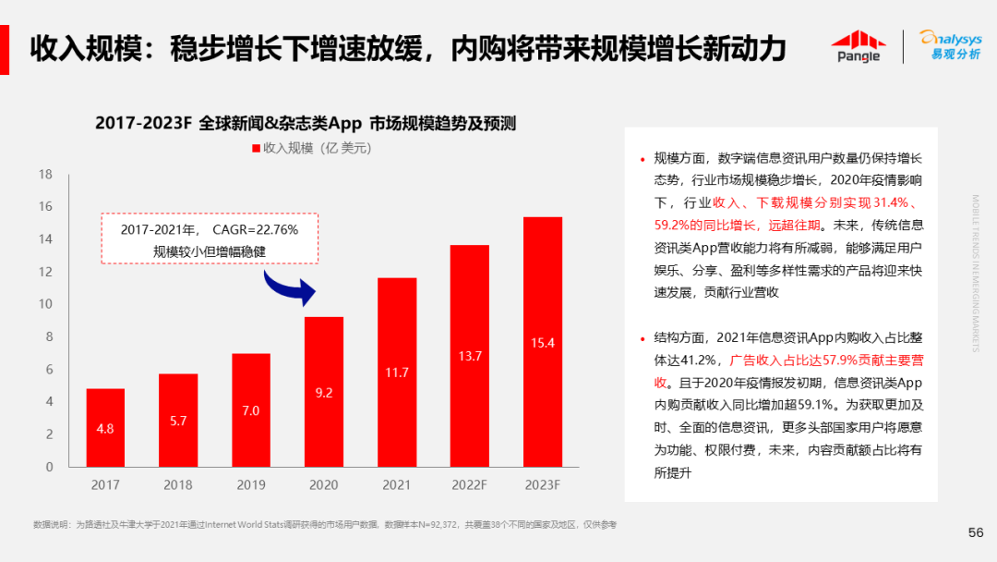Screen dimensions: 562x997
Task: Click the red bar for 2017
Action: [x=105, y=427]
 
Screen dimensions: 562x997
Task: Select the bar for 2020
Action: [x=324, y=391]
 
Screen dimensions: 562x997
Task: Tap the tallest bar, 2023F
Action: [x=543, y=341]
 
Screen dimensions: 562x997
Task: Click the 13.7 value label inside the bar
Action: [x=470, y=356]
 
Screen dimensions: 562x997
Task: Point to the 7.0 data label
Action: [x=251, y=410]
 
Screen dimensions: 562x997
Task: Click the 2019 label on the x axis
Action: [x=251, y=484]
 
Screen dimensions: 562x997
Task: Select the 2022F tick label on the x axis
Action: [x=470, y=484]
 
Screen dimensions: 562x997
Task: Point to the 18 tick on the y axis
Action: [x=45, y=174]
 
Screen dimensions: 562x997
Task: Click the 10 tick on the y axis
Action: [x=45, y=304]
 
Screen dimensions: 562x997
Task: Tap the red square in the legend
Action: [x=256, y=148]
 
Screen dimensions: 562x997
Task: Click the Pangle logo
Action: [x=858, y=45]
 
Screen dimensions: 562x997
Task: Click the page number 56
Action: [x=975, y=532]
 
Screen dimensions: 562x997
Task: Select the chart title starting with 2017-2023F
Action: [x=305, y=123]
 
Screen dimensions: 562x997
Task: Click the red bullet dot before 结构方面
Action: [x=643, y=337]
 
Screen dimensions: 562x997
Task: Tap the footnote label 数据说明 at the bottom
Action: [x=50, y=525]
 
